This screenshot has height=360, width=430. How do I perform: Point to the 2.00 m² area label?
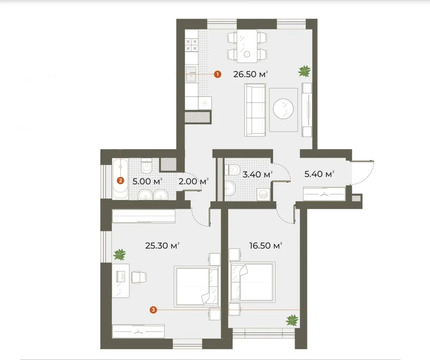(x=193, y=181)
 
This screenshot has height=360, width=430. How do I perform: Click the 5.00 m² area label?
(x=147, y=181)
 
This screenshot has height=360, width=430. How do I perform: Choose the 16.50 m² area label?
(x=264, y=244)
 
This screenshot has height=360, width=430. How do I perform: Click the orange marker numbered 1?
(x=217, y=73)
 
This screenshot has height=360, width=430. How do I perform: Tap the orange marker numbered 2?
(x=121, y=181)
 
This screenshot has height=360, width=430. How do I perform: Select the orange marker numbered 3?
(x=152, y=310)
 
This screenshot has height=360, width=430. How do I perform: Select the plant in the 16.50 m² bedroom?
(x=292, y=320)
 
